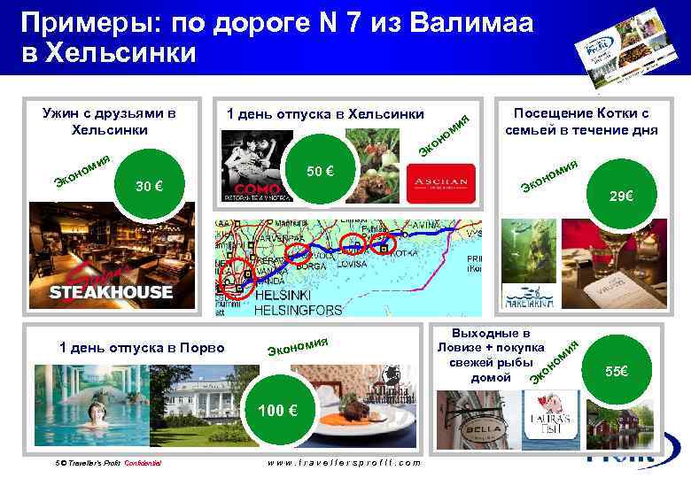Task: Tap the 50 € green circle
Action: pos(318,171)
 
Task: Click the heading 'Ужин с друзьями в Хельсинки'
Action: pos(110,121)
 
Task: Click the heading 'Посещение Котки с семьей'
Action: pos(581,121)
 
